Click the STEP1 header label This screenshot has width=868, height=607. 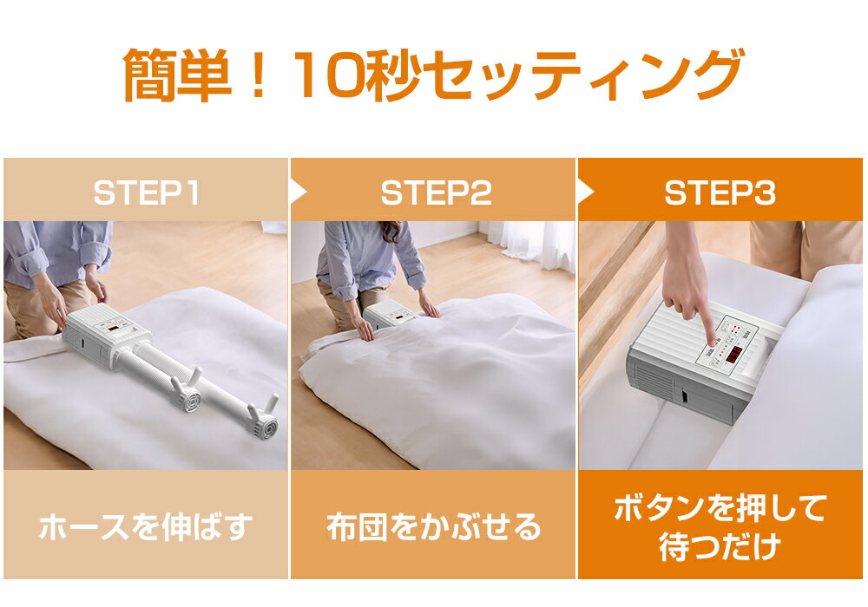tap(146, 193)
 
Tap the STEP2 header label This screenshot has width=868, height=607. tap(437, 193)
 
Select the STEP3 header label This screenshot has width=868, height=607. tap(720, 193)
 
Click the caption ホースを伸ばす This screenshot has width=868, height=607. tap(146, 526)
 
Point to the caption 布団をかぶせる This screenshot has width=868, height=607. tap(433, 526)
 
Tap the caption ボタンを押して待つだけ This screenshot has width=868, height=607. tap(720, 527)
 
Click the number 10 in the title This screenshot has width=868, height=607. tap(329, 74)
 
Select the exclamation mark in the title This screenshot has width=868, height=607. tap(258, 74)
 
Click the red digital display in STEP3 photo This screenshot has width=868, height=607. tap(734, 356)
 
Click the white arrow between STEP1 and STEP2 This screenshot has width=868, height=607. tap(298, 193)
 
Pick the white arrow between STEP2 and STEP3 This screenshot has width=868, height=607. tap(586, 193)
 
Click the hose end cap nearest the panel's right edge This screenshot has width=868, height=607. tap(268, 427)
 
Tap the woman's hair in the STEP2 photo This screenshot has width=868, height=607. tap(391, 231)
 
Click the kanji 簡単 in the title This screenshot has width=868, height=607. tap(177, 75)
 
